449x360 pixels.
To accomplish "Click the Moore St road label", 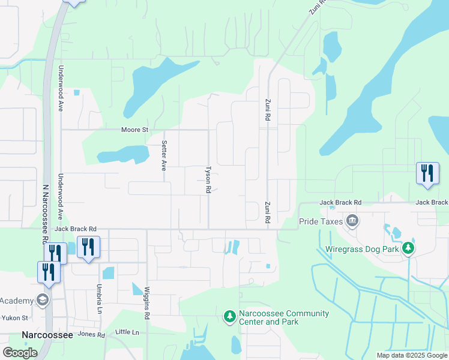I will (x=134, y=130).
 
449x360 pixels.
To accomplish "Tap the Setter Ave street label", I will (x=164, y=156).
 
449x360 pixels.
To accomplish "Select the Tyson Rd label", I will (x=208, y=179).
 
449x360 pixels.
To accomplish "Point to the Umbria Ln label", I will (x=98, y=299).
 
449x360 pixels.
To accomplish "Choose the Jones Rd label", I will (x=91, y=335).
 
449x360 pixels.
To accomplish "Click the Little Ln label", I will (x=127, y=332).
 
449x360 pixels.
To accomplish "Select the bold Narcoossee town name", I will (x=47, y=335).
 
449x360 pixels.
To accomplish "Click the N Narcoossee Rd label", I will (x=45, y=213).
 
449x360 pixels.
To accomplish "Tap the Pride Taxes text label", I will (x=321, y=221).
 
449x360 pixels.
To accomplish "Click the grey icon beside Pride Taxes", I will (x=352, y=221).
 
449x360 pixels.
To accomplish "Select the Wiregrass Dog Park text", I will (x=363, y=247).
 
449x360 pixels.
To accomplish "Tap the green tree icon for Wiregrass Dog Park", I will (x=408, y=247).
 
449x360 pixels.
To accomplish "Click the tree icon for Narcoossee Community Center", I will (x=229, y=316).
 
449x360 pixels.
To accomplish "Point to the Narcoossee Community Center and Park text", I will (x=283, y=317).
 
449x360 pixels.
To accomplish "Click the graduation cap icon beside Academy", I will (x=43, y=300).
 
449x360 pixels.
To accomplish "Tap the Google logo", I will (x=20, y=353).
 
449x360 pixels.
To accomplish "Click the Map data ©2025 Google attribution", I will (x=411, y=355).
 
